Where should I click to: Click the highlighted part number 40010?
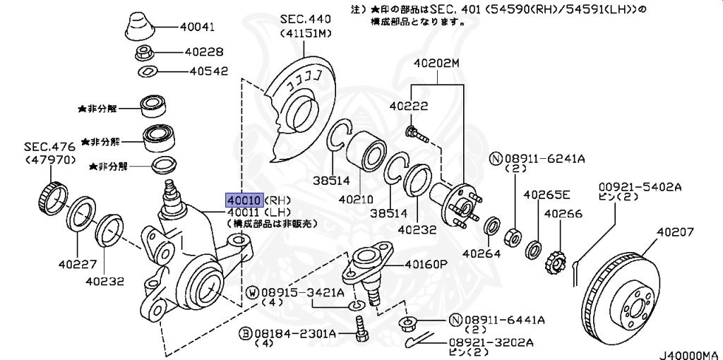(x=244, y=200)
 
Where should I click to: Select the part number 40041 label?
(x=198, y=27)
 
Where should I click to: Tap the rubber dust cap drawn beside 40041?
(x=141, y=27)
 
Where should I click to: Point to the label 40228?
(x=204, y=52)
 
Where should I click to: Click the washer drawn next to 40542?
(x=148, y=71)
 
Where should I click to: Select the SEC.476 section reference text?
(x=49, y=148)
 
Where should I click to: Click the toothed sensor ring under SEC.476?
(x=52, y=198)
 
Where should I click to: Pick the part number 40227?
(x=78, y=264)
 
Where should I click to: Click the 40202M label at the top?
(x=436, y=63)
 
